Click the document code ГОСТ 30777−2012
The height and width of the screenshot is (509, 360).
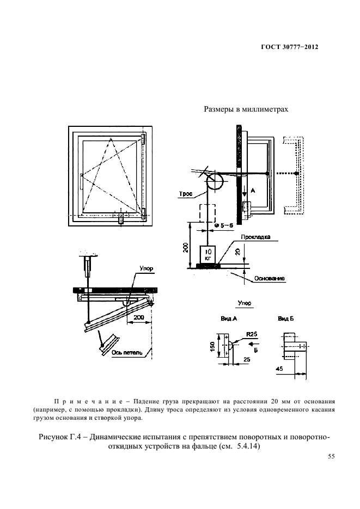coord(289,47)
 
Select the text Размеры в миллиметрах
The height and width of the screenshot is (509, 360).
coord(246,109)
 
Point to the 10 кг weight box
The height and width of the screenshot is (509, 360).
coord(208,254)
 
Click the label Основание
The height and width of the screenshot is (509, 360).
coord(270,278)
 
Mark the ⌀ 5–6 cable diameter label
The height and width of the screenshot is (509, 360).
coord(224,225)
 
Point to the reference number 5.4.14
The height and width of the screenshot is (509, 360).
coord(243,447)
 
